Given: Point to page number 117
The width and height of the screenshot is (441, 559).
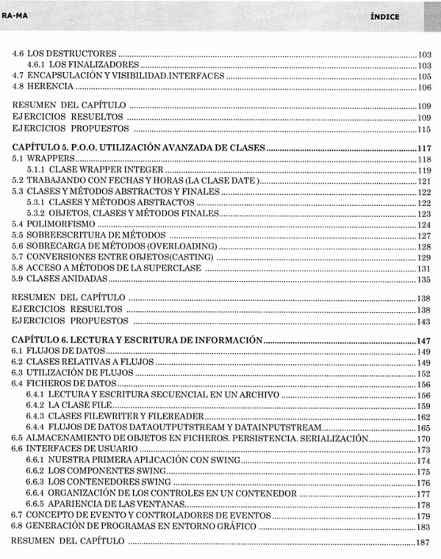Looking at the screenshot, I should tap(423, 149).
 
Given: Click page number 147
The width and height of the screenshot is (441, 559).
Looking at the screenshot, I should tap(423, 341).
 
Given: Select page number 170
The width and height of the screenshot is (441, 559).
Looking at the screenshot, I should tap(423, 438).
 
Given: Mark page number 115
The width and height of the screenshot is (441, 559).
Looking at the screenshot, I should tap(423, 129).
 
